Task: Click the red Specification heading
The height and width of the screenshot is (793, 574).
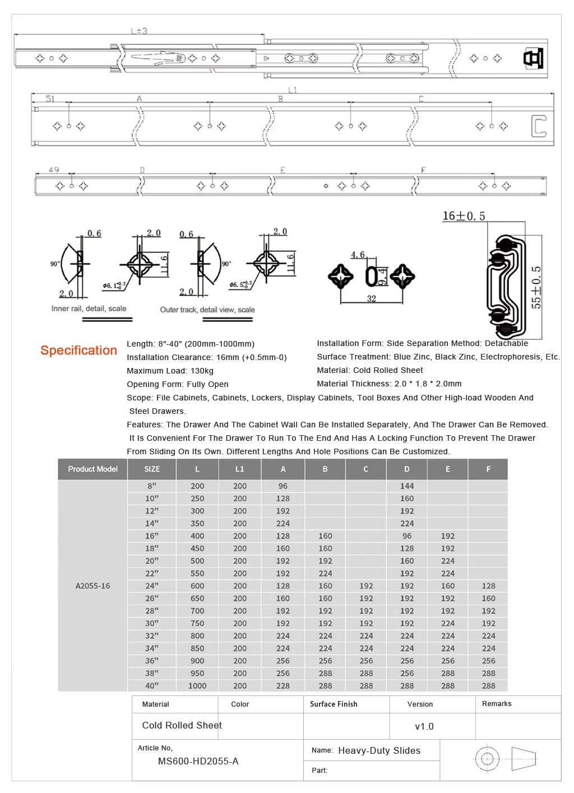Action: pos(78,350)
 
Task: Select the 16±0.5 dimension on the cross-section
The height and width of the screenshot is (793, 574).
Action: pos(464,215)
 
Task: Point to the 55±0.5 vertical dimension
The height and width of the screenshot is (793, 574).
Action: pos(536,287)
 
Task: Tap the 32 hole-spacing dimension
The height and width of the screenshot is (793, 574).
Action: pos(371,298)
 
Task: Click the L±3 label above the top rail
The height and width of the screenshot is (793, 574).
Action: pos(139,31)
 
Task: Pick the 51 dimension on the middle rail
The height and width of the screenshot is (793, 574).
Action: pos(50,99)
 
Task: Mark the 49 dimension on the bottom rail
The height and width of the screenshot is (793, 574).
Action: pos(54,170)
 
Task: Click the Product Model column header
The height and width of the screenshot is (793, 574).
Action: pos(92,469)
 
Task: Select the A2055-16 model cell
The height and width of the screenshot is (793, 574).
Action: pos(92,585)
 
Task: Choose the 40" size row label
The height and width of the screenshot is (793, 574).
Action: pos(152,685)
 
